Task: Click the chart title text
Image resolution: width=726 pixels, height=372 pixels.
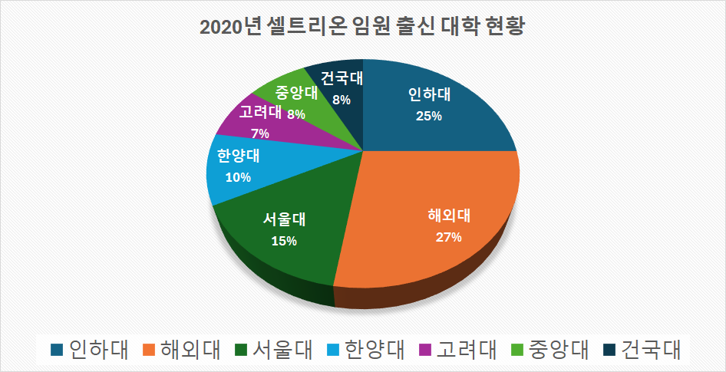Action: click(362, 26)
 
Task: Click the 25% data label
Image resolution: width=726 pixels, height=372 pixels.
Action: click(429, 116)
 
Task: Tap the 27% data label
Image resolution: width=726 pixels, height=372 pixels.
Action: click(448, 237)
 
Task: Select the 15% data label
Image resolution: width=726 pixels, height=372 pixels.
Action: click(284, 241)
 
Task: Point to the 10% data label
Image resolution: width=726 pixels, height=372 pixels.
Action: click(238, 177)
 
